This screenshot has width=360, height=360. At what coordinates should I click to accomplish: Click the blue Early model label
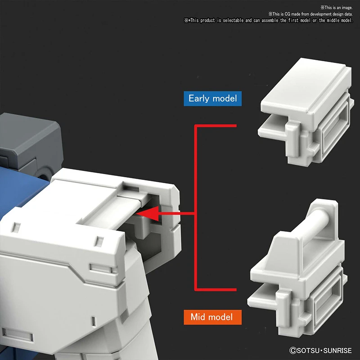click(x=212, y=99)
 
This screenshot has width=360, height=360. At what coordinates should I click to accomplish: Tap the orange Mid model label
click(x=212, y=317)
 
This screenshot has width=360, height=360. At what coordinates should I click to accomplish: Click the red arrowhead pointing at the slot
click(x=148, y=213)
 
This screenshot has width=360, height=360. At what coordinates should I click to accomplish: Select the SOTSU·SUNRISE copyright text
click(x=320, y=351)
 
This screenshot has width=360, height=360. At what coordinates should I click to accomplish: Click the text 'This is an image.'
click(x=338, y=8)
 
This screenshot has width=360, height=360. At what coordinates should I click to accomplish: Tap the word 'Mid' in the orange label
click(x=198, y=317)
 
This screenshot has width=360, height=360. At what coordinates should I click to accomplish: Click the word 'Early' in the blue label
click(x=199, y=99)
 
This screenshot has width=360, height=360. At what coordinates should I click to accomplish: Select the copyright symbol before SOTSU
click(x=293, y=351)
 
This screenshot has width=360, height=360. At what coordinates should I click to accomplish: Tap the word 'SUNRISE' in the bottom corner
click(x=337, y=351)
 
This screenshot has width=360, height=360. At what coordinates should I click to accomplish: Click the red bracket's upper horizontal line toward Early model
click(x=216, y=126)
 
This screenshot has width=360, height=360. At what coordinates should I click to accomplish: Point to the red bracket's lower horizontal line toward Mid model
click(x=216, y=290)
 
